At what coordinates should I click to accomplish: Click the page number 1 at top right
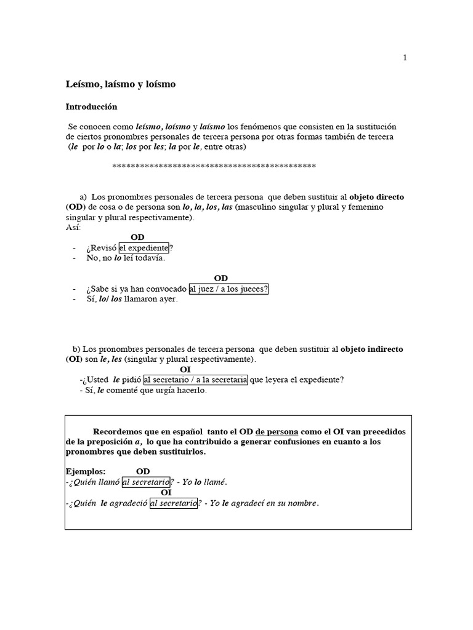click(405, 58)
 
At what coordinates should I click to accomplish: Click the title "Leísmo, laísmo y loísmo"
click(121, 84)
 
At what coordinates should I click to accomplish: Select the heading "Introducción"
click(91, 106)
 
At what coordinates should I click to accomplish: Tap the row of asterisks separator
click(214, 166)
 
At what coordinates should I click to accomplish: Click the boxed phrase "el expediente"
click(144, 248)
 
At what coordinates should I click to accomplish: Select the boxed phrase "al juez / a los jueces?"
click(229, 289)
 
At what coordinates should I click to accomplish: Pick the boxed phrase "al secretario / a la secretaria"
click(195, 380)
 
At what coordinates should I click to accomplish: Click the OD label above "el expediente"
click(137, 237)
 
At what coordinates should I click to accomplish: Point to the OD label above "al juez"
click(220, 279)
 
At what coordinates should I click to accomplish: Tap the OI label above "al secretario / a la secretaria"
click(185, 369)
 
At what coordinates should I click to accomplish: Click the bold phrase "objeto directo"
click(377, 197)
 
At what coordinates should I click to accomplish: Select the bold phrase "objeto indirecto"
click(372, 349)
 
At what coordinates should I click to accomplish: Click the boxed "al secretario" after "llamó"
click(145, 482)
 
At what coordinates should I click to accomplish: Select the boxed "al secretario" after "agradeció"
click(173, 503)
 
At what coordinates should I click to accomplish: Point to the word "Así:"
click(73, 228)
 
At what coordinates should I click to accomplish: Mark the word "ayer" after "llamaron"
click(168, 300)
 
